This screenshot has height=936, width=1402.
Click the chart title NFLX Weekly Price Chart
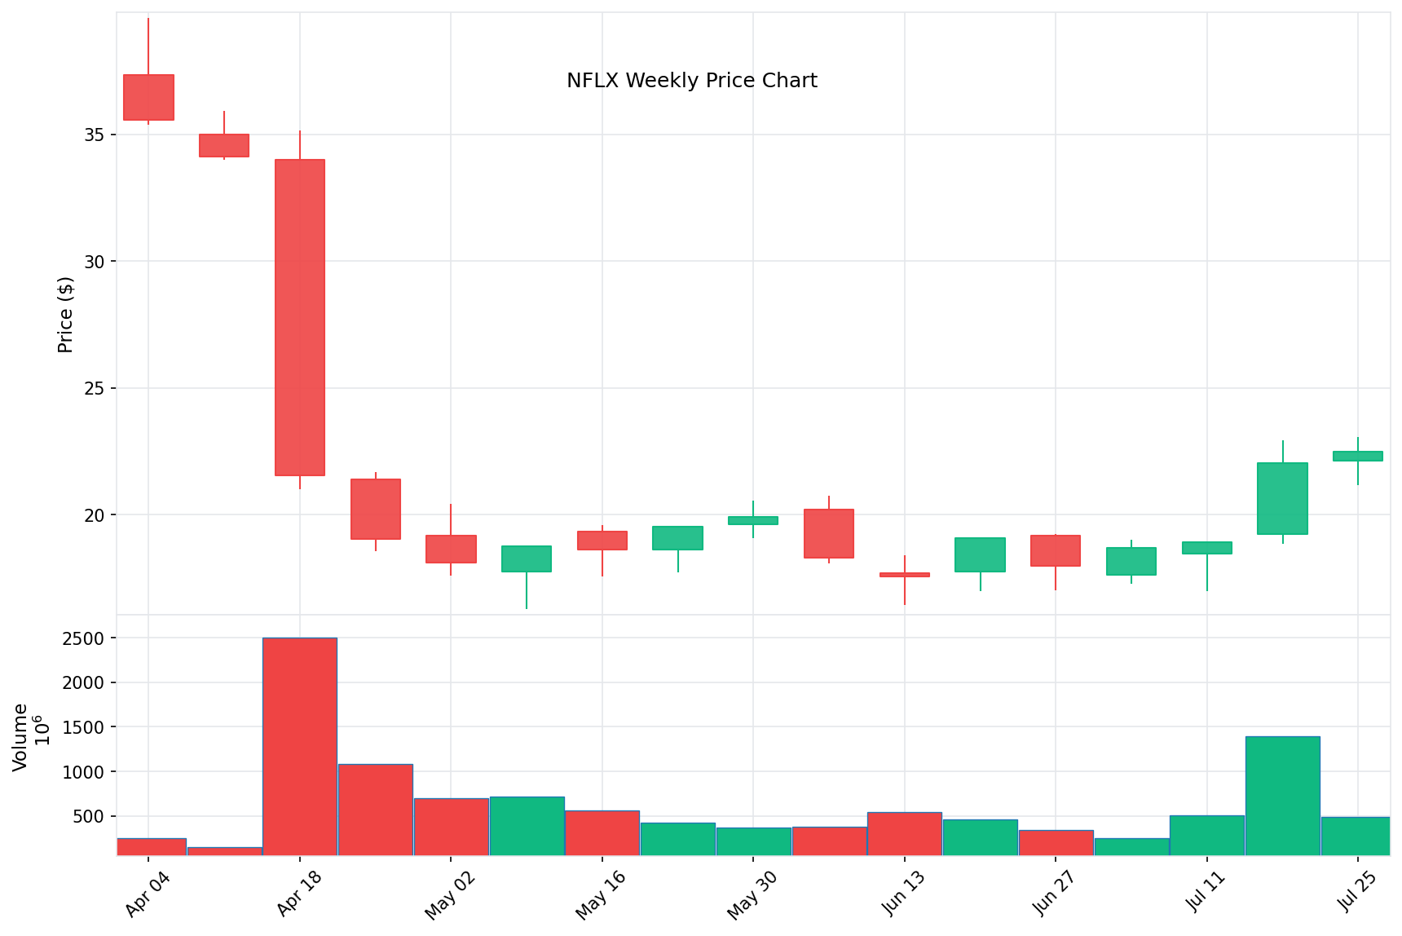point(691,81)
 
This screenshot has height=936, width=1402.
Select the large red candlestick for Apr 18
point(300,317)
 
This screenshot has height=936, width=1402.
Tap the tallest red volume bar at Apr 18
point(300,746)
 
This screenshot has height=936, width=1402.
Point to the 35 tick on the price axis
point(95,135)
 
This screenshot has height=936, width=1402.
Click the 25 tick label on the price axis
point(95,388)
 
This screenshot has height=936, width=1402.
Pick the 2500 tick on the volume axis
point(83,638)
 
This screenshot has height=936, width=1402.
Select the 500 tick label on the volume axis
point(89,816)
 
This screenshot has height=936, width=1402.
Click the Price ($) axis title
point(65,315)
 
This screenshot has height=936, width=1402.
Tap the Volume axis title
point(21,737)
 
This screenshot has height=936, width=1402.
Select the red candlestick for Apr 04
point(148,97)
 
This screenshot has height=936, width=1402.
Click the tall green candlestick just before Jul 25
point(1282,498)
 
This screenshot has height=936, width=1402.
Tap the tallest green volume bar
point(1282,796)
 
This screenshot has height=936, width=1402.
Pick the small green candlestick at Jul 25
point(1358,456)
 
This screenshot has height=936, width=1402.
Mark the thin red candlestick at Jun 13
point(905,575)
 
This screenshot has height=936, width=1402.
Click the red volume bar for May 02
point(451,827)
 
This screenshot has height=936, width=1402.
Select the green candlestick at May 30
point(753,520)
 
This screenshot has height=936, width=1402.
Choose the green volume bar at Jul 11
point(1206,835)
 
